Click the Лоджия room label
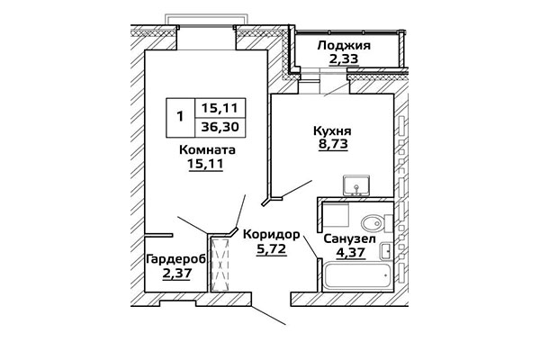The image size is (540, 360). point(344,46)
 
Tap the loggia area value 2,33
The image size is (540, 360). point(344,58)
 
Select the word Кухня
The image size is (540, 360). point(332,130)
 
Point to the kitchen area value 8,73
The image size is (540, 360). point(333,144)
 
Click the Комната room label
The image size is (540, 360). point(207,150)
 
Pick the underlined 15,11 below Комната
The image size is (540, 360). point(205,163)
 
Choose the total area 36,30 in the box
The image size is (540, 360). point(220,127)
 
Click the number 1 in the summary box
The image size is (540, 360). point(180,116)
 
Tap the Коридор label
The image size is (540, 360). point(272,235)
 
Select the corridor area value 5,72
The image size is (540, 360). point(272,248)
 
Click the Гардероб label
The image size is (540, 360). point(176,259)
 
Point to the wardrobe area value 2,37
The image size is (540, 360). point(176,274)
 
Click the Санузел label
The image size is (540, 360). point(349,238)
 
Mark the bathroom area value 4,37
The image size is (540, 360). point(351,253)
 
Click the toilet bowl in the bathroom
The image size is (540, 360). point(377,223)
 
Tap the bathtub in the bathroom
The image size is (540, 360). point(358,275)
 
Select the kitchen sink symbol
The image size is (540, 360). point(356,185)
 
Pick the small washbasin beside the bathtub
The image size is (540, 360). point(385,251)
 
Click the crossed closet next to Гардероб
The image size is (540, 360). point(220,264)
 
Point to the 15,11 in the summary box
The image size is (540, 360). point(220,108)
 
